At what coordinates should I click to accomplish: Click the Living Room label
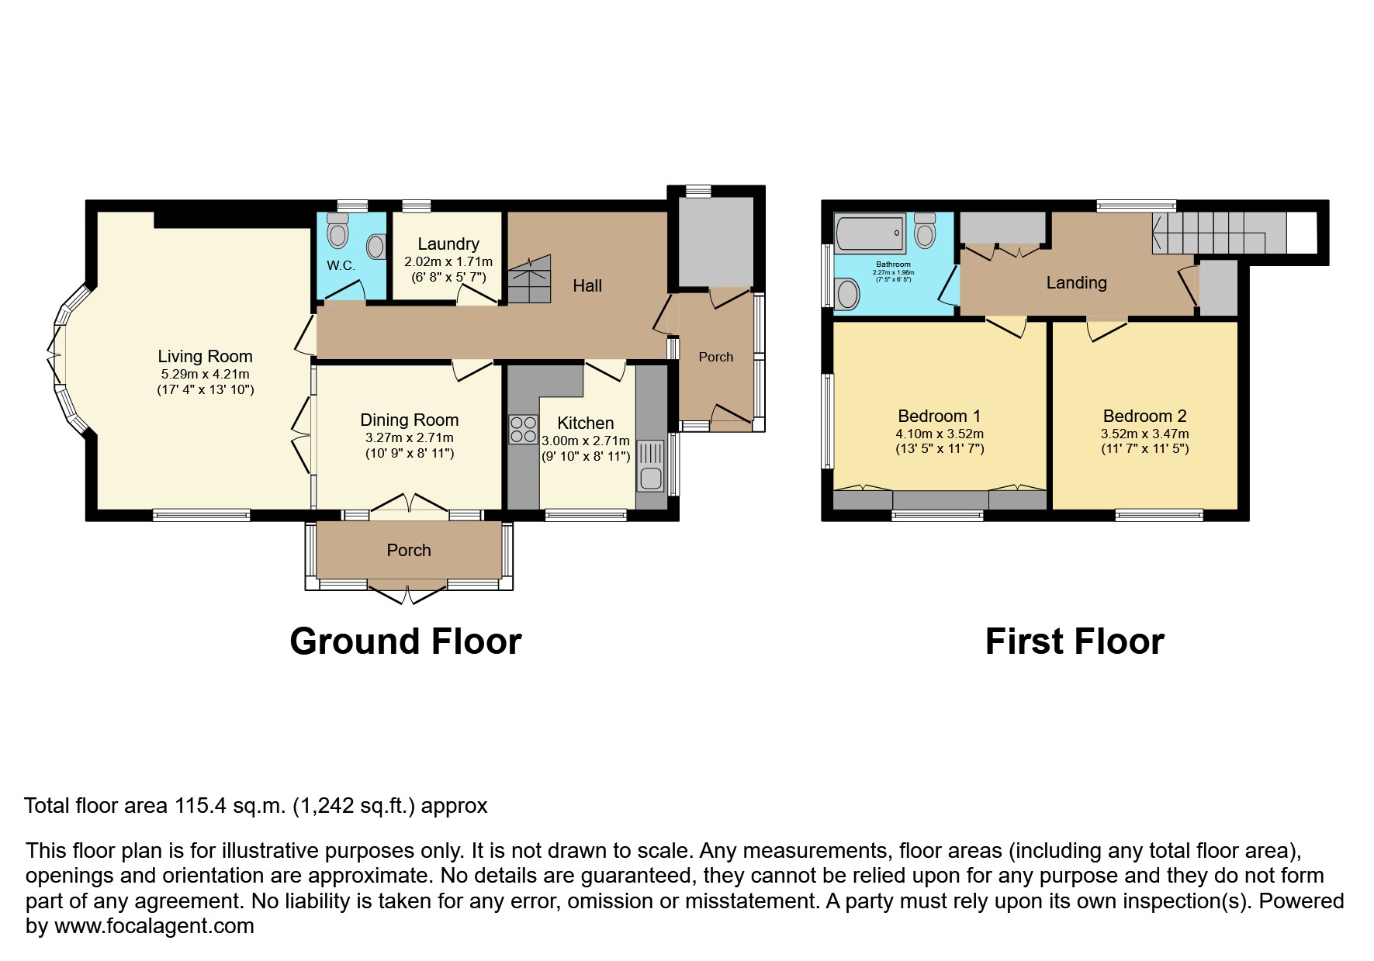[x=205, y=357]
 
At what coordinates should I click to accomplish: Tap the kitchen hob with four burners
[x=524, y=429]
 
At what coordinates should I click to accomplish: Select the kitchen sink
[x=651, y=466]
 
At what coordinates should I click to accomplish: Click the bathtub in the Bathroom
[x=870, y=233]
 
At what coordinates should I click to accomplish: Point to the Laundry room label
[x=448, y=244]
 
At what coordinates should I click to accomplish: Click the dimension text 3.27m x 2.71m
[x=409, y=438]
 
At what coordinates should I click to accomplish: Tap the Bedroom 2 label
[x=1144, y=417]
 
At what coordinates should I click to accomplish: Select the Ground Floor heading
[x=405, y=642]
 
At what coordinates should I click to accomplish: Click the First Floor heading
[x=1074, y=642]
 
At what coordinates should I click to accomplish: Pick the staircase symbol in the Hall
[x=529, y=280]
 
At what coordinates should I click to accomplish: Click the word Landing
[x=1076, y=283]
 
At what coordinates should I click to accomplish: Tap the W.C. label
[x=341, y=265]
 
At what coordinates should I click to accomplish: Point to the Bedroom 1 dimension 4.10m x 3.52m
[x=939, y=434]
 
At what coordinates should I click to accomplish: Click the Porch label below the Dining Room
[x=409, y=551]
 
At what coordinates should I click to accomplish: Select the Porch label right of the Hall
[x=715, y=357]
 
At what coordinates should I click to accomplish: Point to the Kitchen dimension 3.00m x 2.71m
[x=586, y=441]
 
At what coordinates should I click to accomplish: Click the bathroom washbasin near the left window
[x=849, y=295]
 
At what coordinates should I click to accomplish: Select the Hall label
[x=587, y=286]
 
